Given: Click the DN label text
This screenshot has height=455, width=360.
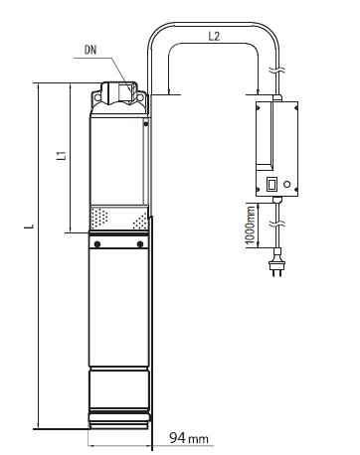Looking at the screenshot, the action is click(90, 50).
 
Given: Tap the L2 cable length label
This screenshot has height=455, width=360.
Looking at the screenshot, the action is click(214, 36).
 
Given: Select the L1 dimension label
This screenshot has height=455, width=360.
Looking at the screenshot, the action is click(62, 155).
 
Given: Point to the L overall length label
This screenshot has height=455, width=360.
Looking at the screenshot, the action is click(30, 227).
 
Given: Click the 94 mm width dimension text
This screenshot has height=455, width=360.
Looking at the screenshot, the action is click(189, 438).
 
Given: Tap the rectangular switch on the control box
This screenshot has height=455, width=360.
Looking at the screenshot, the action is click(271, 184).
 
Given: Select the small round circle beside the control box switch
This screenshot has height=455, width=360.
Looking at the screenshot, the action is click(287, 184).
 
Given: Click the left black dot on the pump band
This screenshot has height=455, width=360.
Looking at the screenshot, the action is click(97, 244).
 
